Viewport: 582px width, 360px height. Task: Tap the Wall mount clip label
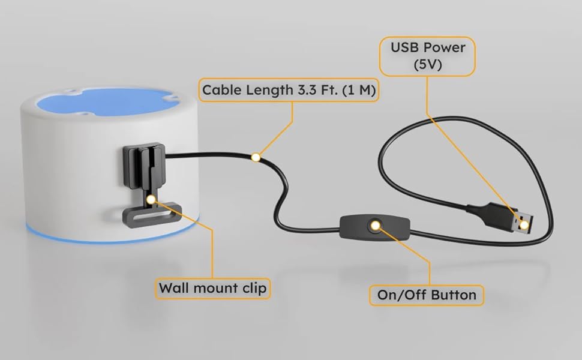click(x=212, y=288)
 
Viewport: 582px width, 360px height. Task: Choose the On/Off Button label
click(x=427, y=294)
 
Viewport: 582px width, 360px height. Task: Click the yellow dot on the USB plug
click(x=524, y=225)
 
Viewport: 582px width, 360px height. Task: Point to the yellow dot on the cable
click(x=256, y=157)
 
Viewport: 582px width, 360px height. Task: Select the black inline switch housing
click(x=360, y=226)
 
